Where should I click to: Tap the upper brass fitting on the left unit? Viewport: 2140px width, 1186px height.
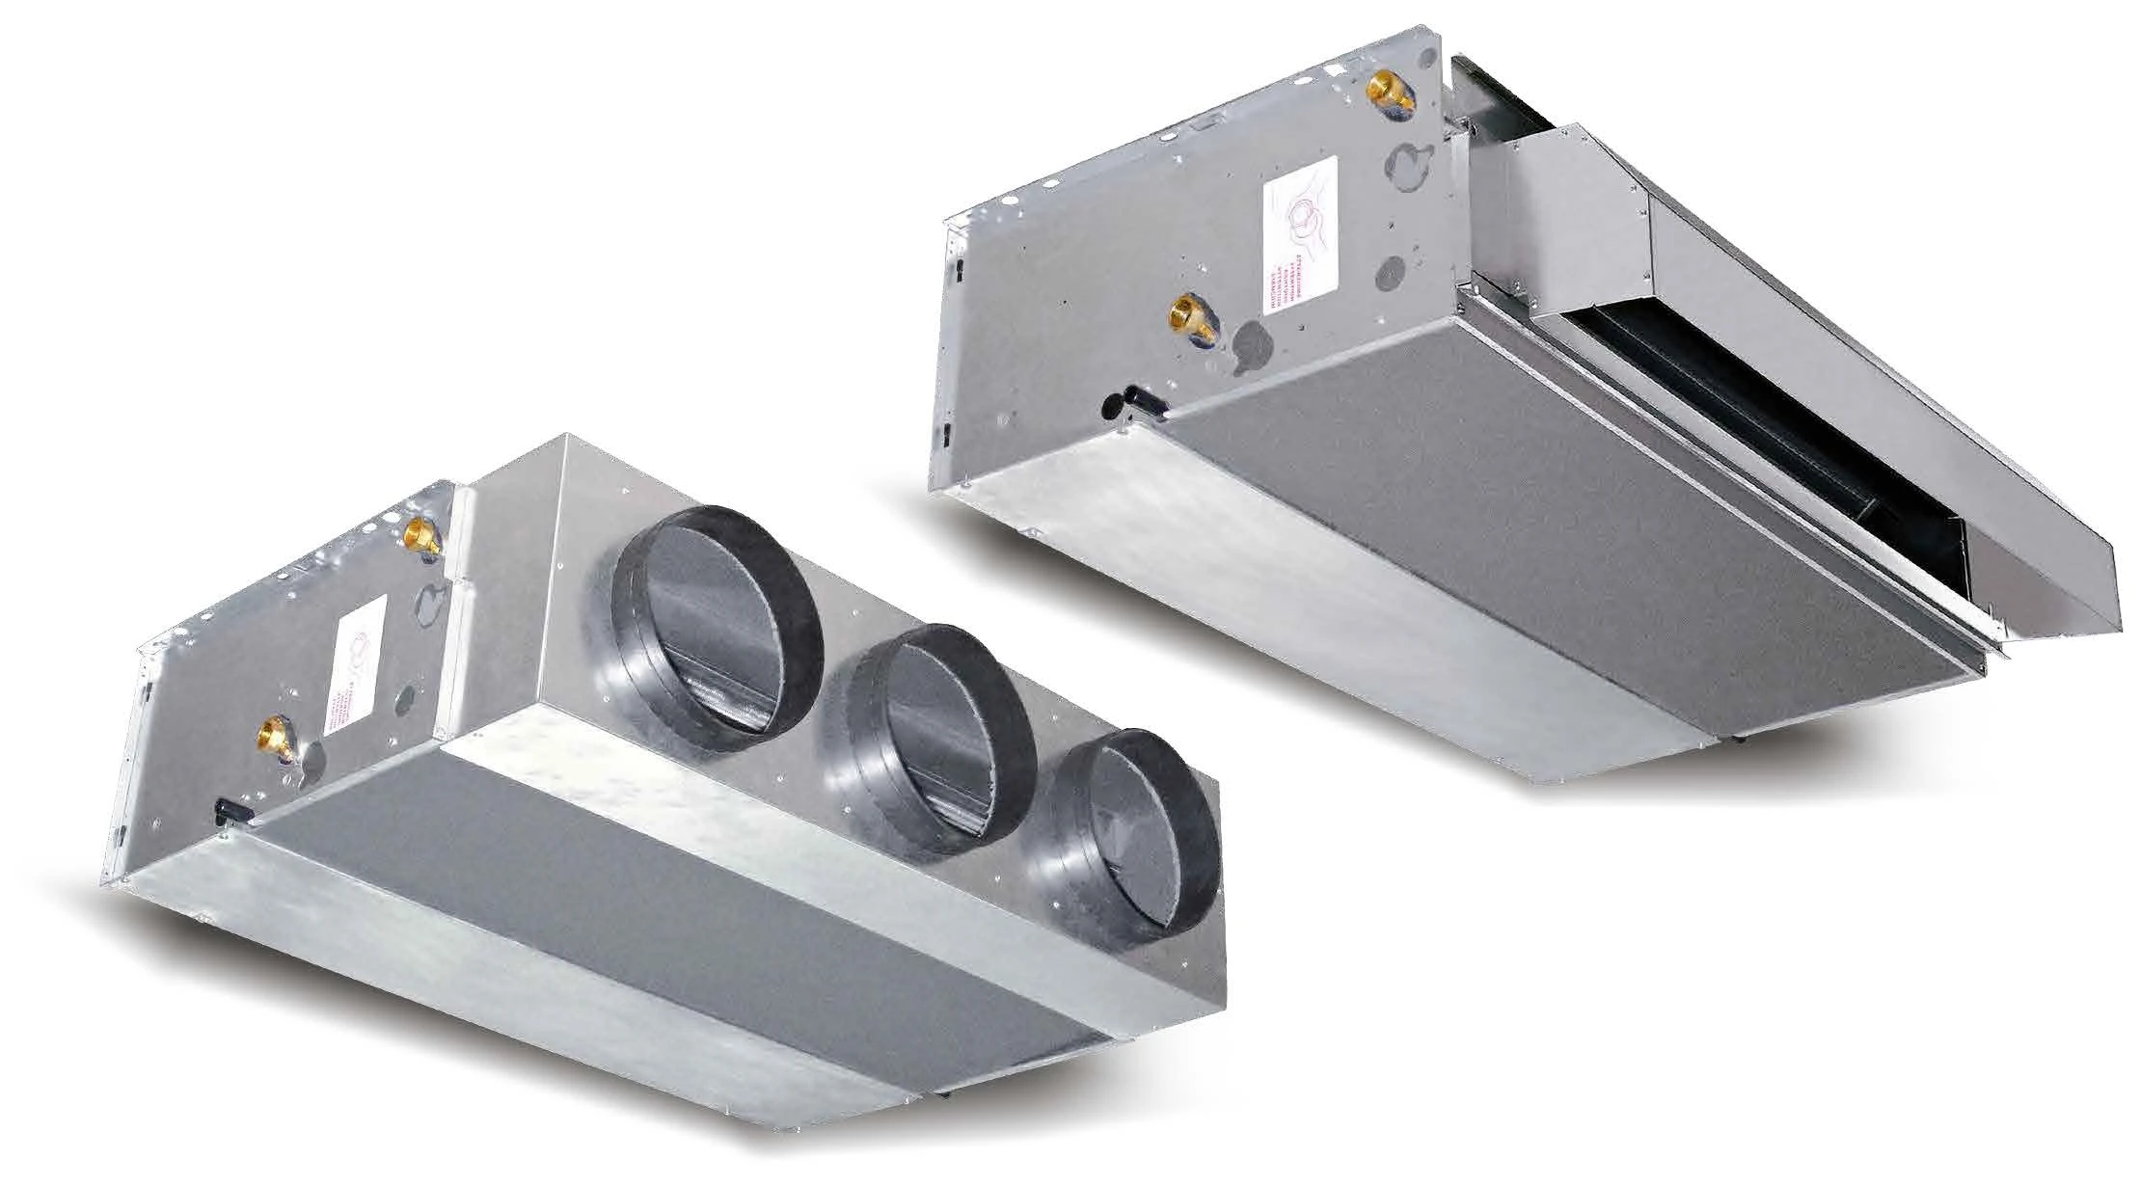pos(422,533)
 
